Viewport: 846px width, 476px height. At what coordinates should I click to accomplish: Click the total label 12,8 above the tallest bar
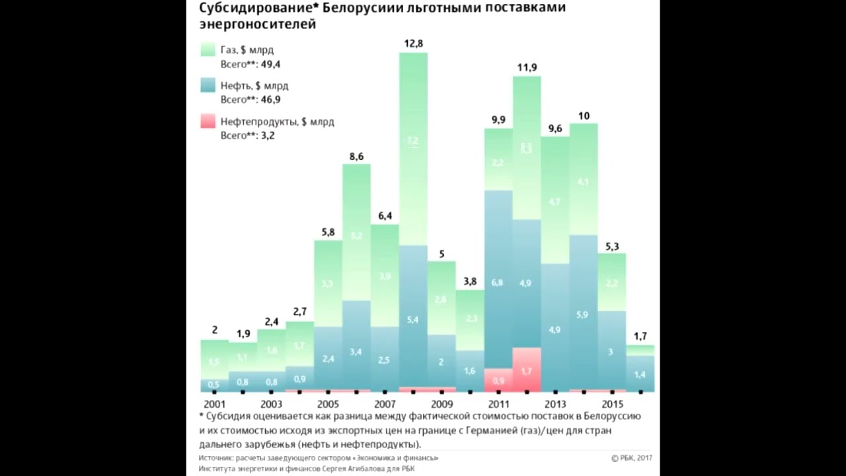pos(413,44)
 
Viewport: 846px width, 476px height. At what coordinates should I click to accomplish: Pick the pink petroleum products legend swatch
pos(208,122)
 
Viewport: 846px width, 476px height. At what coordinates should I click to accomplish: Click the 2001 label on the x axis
pos(214,404)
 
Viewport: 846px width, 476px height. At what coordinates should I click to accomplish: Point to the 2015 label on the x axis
pos(613,404)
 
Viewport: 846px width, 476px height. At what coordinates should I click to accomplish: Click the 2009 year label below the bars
pos(442,404)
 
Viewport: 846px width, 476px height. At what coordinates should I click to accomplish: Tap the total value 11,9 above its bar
pos(527,67)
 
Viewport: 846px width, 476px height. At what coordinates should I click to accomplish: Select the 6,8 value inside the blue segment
pos(498,283)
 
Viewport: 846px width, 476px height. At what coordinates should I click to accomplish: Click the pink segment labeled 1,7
pos(526,372)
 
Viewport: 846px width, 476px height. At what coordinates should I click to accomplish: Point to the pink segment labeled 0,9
pos(498,381)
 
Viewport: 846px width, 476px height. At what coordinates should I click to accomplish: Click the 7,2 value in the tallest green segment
pos(413,141)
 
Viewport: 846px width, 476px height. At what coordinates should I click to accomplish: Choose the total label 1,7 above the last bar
pos(640,335)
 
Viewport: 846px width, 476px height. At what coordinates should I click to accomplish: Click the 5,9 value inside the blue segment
pos(583,315)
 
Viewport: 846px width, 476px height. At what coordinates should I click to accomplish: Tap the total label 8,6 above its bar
pos(356,157)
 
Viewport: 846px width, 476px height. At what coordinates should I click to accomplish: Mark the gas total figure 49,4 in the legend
pos(270,64)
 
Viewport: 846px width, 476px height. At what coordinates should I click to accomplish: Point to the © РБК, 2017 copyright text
pos(632,457)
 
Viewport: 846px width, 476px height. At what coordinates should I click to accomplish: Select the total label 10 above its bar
pos(584,116)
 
